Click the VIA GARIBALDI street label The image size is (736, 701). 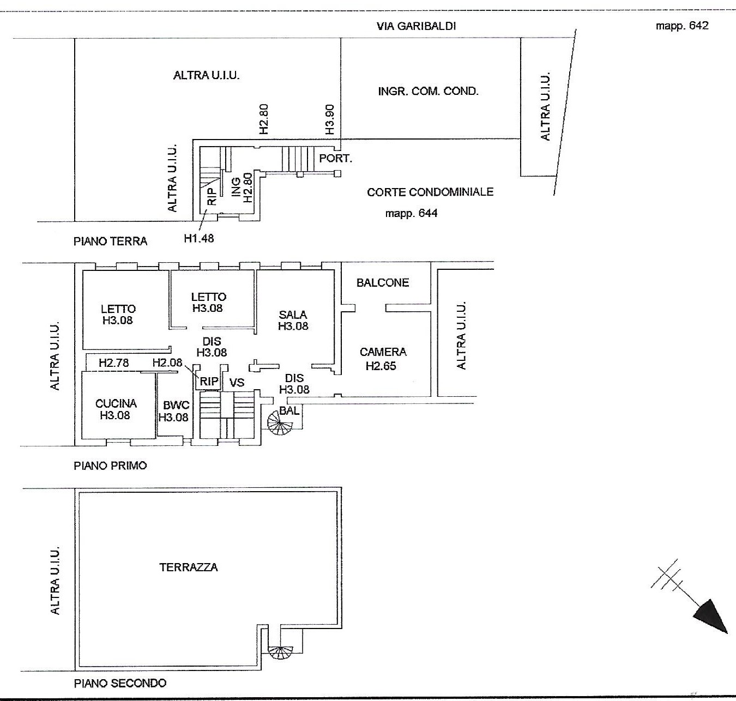tap(417, 26)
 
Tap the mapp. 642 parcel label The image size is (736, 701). tap(682, 26)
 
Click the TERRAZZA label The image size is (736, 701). tap(189, 567)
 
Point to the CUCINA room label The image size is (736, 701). tap(116, 403)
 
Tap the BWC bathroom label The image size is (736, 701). tap(176, 405)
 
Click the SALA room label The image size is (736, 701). tap(293, 315)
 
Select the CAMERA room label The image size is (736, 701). tap(383, 352)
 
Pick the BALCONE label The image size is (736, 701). tap(383, 282)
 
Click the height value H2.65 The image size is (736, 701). tap(381, 365)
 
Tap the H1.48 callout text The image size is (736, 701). tap(199, 238)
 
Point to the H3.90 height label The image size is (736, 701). tap(329, 119)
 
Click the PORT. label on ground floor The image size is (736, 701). tap(335, 159)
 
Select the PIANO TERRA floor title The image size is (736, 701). tap(111, 241)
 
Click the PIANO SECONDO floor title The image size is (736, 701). tap(120, 683)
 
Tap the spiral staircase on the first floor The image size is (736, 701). tap(280, 422)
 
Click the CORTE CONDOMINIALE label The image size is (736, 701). tap(430, 192)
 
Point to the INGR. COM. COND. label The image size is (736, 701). tap(429, 92)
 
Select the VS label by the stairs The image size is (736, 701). tap(237, 382)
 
